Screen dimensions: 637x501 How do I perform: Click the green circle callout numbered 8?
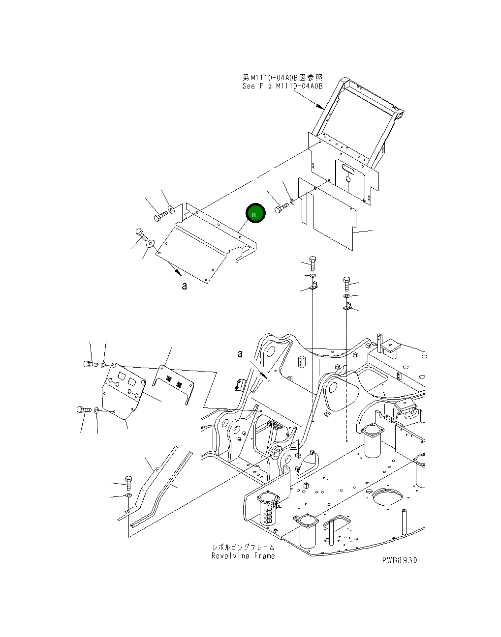(x=255, y=213)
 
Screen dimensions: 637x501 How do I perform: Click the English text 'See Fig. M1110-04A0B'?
(x=282, y=86)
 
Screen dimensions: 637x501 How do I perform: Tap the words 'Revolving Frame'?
(x=243, y=556)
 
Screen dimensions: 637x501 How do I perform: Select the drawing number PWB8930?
(x=399, y=560)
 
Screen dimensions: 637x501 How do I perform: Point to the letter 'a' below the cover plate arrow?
(x=184, y=286)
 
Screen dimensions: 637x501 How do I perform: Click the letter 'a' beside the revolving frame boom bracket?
(x=240, y=354)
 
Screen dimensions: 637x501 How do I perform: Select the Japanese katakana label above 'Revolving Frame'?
(x=243, y=547)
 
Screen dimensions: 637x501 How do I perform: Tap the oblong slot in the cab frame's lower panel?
(x=348, y=170)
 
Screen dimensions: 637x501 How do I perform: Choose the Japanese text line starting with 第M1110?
(x=282, y=77)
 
